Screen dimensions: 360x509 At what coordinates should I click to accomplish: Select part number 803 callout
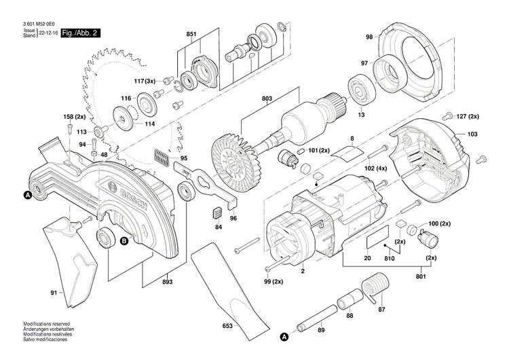(266, 99)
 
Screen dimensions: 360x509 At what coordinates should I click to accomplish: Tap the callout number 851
(191, 33)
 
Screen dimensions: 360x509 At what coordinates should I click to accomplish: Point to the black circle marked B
(124, 240)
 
